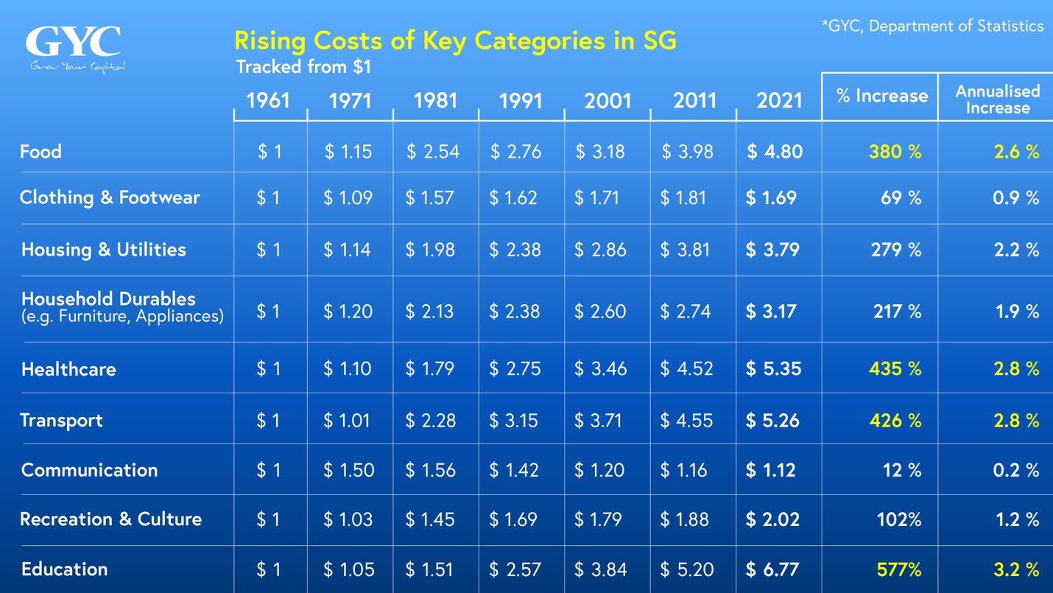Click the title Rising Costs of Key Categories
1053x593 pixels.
(x=454, y=40)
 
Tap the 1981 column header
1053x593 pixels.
(x=436, y=99)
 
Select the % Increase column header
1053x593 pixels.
(x=881, y=96)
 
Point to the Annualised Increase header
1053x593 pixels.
(x=997, y=99)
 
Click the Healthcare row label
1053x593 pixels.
(x=68, y=369)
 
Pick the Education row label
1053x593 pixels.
(x=65, y=569)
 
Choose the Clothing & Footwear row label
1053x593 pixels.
(x=110, y=197)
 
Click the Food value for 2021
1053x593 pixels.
(x=775, y=152)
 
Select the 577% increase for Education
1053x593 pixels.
(x=899, y=569)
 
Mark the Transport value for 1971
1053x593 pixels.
(x=348, y=421)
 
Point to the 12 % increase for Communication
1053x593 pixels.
(x=902, y=470)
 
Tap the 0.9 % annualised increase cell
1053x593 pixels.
(x=1017, y=197)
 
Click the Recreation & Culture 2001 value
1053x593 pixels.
(x=599, y=519)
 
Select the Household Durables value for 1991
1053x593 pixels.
(x=515, y=312)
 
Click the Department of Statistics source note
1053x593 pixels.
(x=932, y=27)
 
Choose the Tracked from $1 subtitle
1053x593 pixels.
(x=303, y=67)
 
